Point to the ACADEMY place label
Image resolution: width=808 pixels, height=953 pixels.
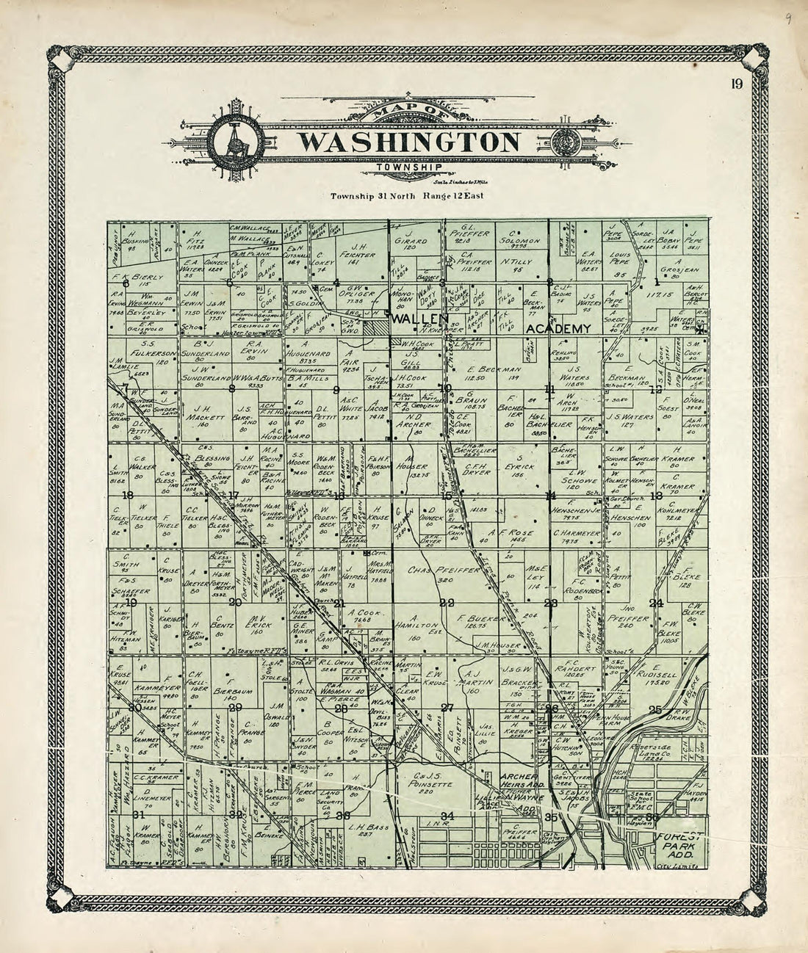pyautogui.click(x=559, y=330)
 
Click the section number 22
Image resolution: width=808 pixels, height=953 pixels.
pyautogui.click(x=446, y=603)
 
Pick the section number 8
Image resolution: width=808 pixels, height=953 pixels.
pyautogui.click(x=232, y=388)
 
